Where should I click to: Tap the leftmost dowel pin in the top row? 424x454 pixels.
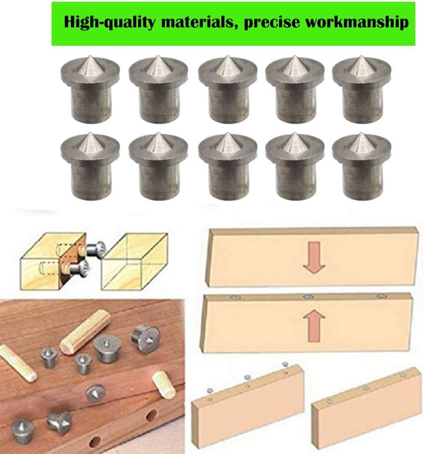pyautogui.click(x=90, y=89)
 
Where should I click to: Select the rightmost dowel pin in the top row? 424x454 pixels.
pyautogui.click(x=361, y=89)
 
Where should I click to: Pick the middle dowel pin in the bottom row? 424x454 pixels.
pyautogui.click(x=228, y=166)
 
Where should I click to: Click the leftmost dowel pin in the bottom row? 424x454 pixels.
pyautogui.click(x=90, y=166)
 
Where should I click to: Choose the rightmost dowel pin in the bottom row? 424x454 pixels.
pyautogui.click(x=361, y=166)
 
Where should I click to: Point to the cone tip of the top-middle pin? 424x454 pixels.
pyautogui.click(x=228, y=56)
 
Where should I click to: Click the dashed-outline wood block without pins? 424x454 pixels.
pyautogui.click(x=134, y=262)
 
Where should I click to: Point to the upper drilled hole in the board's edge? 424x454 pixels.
pyautogui.click(x=151, y=416)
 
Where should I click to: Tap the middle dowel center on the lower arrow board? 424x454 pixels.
pyautogui.click(x=308, y=296)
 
